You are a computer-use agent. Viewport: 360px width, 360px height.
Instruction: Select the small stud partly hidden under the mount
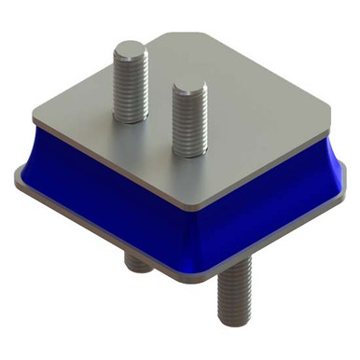click(138, 263)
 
